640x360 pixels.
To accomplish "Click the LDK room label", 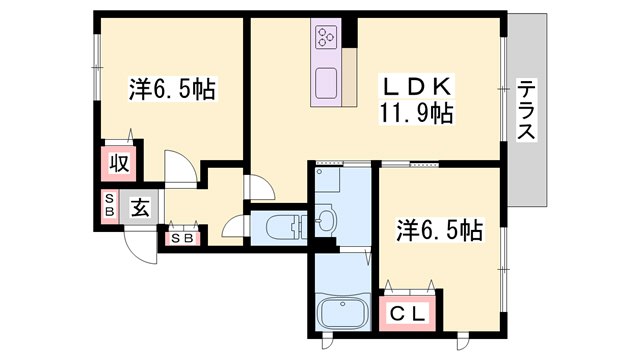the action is (416, 86).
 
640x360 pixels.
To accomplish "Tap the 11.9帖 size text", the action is (416, 113).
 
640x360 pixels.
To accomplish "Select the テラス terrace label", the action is (526, 110).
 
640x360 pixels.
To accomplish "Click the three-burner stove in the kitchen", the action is (326, 37).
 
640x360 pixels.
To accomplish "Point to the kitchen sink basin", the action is (326, 83).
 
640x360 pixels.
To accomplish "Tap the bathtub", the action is (343, 312).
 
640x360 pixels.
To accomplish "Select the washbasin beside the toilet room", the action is (325, 221).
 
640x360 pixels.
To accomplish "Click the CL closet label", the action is (407, 313).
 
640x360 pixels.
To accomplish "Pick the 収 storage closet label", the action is (118, 163).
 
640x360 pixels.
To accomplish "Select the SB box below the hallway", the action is (182, 238).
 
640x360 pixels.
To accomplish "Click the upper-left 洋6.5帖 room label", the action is (172, 89).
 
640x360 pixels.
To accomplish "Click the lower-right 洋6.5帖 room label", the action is (440, 230).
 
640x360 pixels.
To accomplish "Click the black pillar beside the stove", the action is (349, 33).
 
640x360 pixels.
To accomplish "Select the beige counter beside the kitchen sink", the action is (349, 78).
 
